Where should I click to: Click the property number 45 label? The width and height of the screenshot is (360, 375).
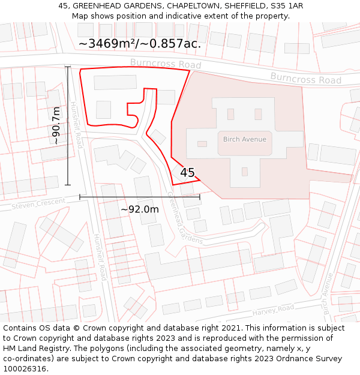(x=187, y=173)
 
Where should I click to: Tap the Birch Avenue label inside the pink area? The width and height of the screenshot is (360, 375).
(x=244, y=139)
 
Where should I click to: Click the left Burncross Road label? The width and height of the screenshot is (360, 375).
(x=165, y=64)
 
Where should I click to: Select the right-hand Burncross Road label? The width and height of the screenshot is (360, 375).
(x=305, y=78)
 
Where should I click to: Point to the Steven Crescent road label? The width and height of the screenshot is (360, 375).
(x=38, y=204)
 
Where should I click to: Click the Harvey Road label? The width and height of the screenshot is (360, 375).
(x=273, y=311)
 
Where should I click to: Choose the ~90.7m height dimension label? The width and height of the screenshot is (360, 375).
(x=56, y=125)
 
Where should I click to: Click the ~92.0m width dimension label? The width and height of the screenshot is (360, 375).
(x=140, y=209)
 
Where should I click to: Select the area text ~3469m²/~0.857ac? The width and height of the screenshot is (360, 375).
(x=140, y=43)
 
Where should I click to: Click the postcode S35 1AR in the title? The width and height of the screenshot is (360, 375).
(x=286, y=6)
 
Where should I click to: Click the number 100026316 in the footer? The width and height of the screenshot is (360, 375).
(x=27, y=368)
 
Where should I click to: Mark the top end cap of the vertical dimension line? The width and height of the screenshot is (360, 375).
(x=68, y=67)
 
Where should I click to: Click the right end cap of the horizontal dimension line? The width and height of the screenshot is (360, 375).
(x=200, y=196)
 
